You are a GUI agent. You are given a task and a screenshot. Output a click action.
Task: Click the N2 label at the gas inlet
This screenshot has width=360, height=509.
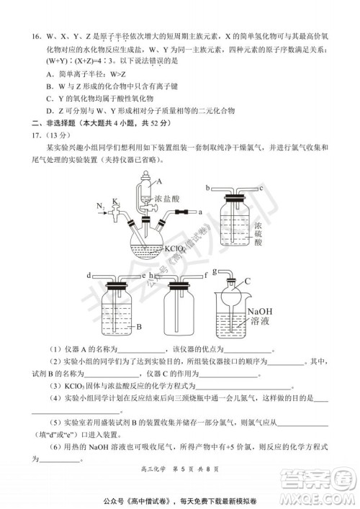pyautogui.click(x=99, y=207)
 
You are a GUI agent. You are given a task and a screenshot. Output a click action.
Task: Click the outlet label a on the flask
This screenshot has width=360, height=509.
pyautogui.click(x=199, y=212)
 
